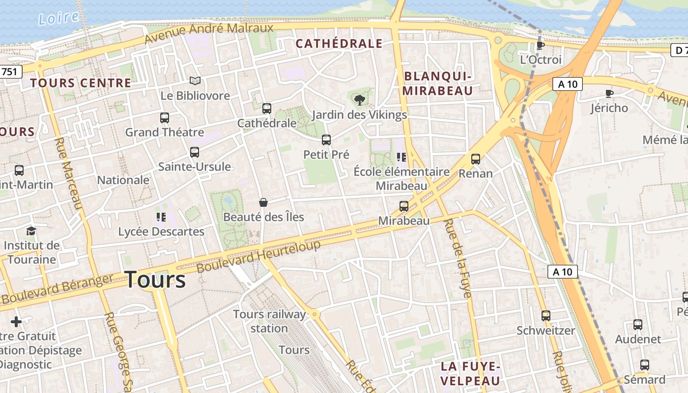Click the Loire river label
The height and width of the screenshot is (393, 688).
coord(58,18)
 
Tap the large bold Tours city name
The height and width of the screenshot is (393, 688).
coord(155,280)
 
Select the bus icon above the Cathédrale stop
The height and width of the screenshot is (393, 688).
coord(267,109)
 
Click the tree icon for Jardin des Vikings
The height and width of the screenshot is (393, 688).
coord(360,100)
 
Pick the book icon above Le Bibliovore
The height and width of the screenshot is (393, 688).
coord(195,81)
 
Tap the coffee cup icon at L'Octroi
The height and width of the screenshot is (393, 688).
coord(540,46)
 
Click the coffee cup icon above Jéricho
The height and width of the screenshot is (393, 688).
coord(609,93)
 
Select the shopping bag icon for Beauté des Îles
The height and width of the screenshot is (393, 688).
coord(263,202)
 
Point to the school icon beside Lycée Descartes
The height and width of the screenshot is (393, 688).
coord(161,217)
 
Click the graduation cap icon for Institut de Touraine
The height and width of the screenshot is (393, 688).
coord(31,231)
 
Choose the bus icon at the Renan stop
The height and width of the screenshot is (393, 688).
coord(475,159)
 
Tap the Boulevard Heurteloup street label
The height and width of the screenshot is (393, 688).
coord(258,256)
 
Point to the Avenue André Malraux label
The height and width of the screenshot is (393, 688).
coord(209,33)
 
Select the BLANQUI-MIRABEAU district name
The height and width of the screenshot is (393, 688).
coord(437,84)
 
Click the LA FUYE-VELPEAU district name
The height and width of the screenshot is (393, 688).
coord(470,373)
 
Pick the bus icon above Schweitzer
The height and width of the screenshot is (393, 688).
coord(545,316)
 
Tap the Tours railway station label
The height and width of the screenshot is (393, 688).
coord(269,321)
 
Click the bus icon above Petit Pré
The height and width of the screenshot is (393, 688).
coord(326,140)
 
